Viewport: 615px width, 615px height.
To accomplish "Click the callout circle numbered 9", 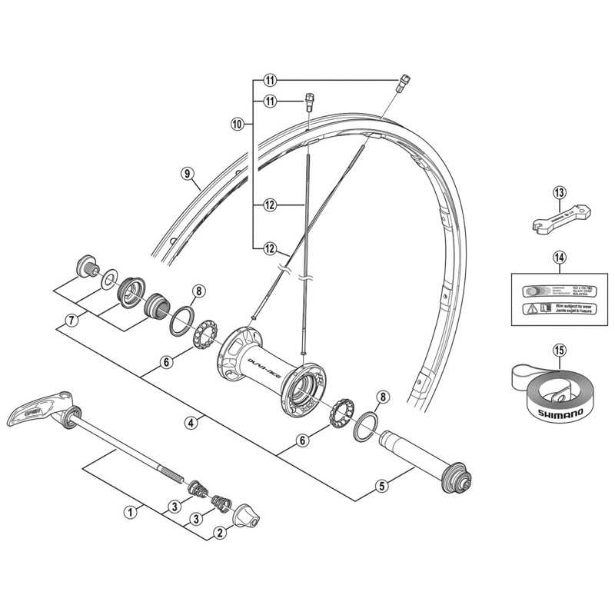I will [187, 174].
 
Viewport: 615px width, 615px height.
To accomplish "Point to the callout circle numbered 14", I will [559, 259].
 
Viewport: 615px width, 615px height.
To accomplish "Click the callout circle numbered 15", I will [559, 351].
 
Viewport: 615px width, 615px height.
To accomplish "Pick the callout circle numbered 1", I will [131, 510].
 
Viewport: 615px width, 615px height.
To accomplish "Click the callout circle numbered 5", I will [381, 485].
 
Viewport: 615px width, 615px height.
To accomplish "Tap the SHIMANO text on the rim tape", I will [558, 411].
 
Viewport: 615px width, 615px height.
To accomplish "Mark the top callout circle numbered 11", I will [269, 80].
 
